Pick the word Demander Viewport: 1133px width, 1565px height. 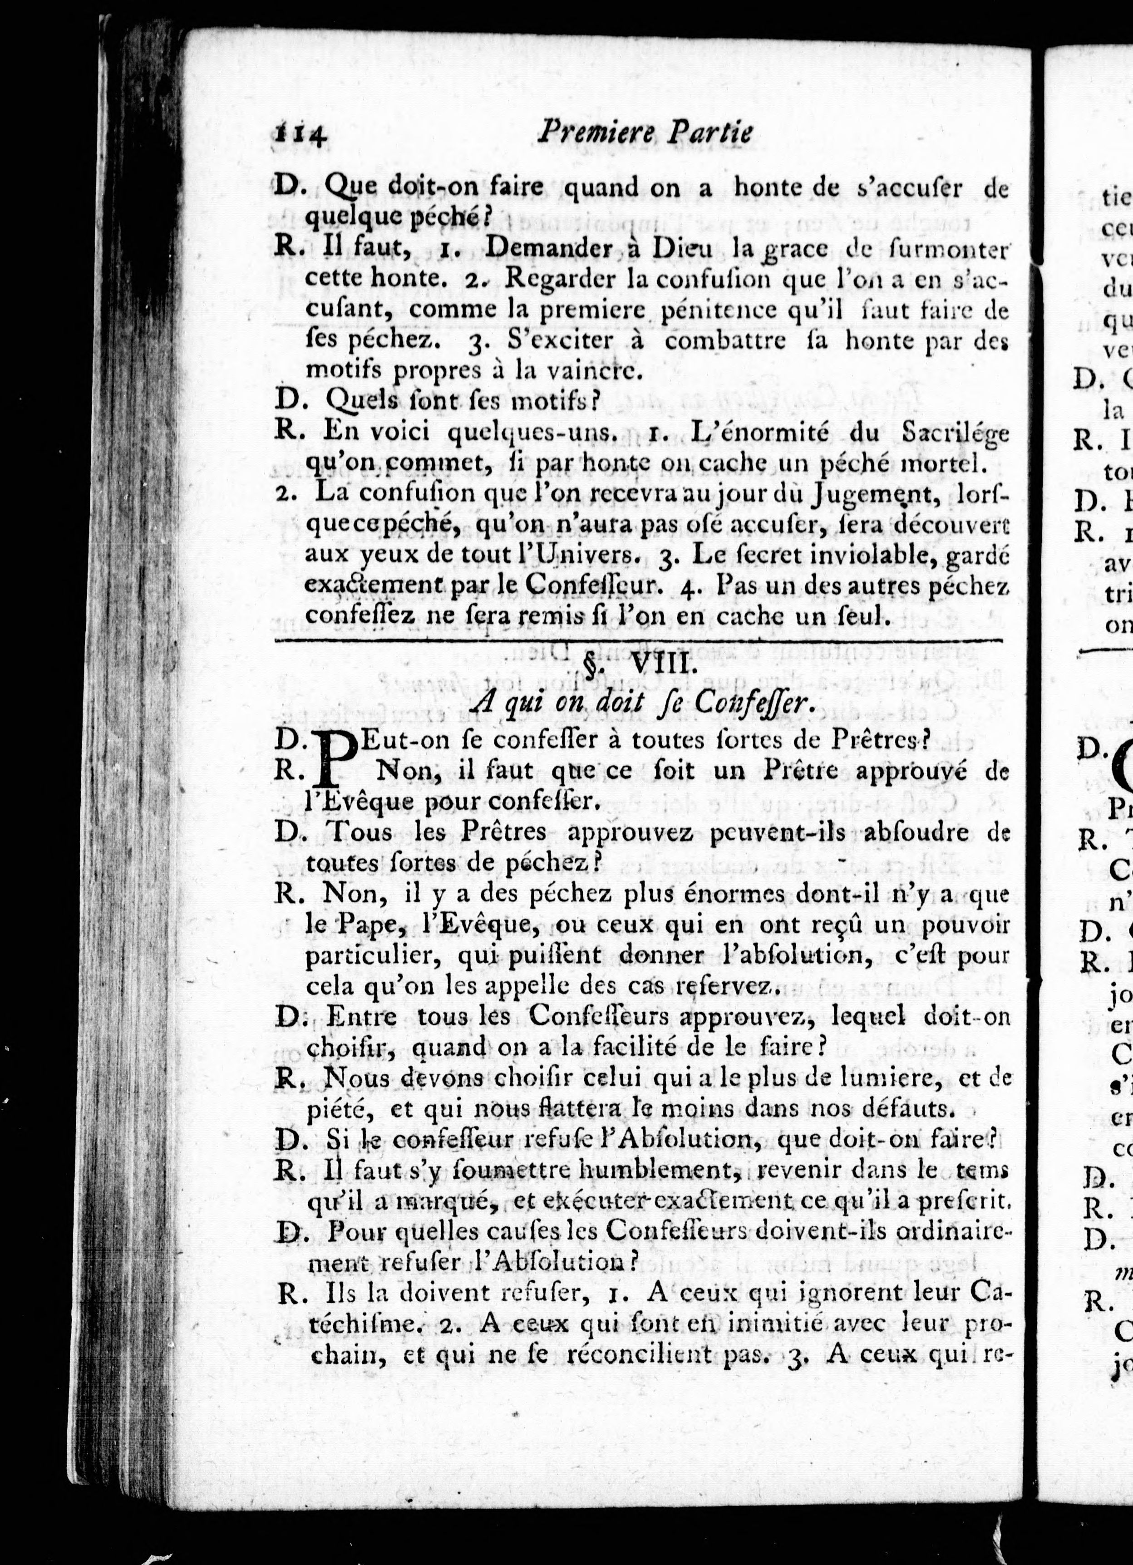548,249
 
